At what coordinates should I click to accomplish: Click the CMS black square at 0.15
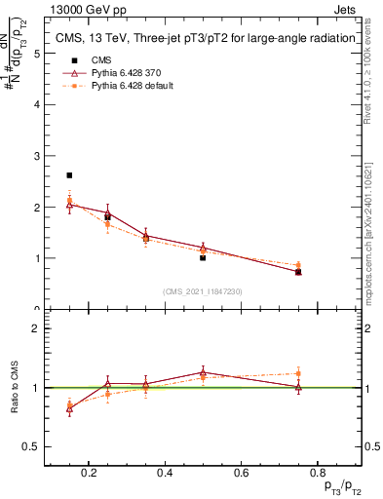pyautogui.click(x=69, y=175)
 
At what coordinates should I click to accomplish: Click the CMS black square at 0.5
pyautogui.click(x=203, y=257)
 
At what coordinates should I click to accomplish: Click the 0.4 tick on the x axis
pyautogui.click(x=165, y=473)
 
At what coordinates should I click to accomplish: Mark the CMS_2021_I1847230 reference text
pyautogui.click(x=203, y=291)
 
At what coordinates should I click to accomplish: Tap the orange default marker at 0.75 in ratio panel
pyautogui.click(x=298, y=373)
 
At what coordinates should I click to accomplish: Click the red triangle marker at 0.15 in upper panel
pyautogui.click(x=69, y=203)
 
